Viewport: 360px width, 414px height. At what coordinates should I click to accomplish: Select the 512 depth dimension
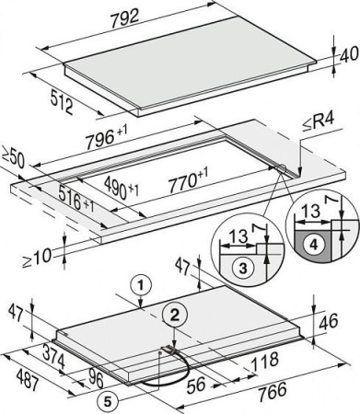point(62,101)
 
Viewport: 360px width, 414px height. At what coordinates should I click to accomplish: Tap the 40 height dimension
point(350,55)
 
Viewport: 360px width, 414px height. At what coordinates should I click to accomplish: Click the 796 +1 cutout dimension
point(106,137)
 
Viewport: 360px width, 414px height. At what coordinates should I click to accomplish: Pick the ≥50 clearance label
point(13,157)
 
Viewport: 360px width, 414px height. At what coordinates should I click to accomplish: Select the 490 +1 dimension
point(122,187)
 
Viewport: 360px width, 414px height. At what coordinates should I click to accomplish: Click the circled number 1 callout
point(140,286)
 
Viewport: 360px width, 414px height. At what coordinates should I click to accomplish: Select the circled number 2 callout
point(174,316)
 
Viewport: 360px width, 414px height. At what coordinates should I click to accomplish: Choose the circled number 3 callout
point(242,269)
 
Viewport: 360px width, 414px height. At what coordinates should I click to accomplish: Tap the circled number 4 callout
point(313,245)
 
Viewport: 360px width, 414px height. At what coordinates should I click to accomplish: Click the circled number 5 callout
point(108,401)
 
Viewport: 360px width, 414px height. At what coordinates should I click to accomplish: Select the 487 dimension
point(28,380)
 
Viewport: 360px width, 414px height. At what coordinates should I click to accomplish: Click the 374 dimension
point(53,356)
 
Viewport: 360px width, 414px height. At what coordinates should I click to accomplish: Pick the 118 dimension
point(264,361)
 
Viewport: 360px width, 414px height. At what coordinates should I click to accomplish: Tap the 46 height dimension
point(329,321)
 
